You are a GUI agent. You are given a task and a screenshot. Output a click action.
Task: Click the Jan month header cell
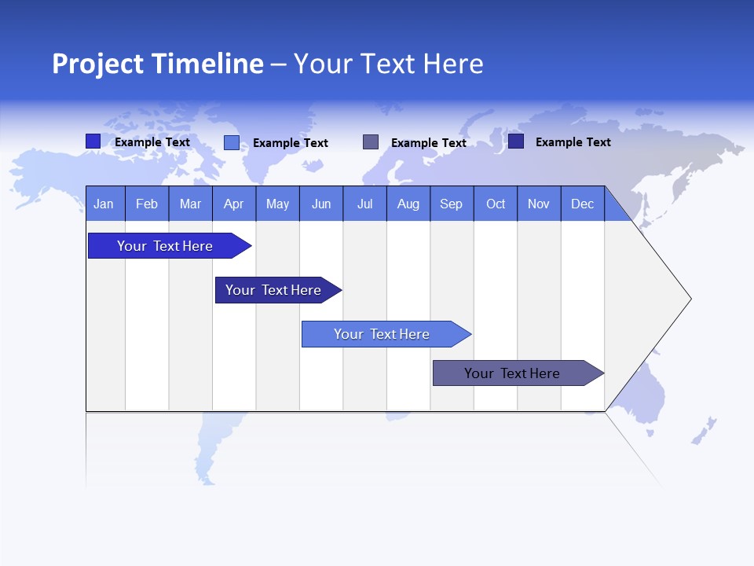(104, 204)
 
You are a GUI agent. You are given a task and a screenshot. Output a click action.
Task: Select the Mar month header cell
(190, 204)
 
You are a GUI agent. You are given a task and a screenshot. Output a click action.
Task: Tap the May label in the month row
(277, 204)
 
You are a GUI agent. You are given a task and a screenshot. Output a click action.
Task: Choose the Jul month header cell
(364, 204)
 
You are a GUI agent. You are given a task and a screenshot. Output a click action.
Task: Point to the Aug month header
(408, 204)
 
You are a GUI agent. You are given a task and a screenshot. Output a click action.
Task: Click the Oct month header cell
(495, 204)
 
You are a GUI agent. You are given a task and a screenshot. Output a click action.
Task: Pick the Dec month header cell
(582, 204)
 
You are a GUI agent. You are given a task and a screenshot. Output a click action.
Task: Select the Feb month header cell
(147, 204)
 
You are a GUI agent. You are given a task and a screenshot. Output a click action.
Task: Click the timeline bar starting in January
(166, 246)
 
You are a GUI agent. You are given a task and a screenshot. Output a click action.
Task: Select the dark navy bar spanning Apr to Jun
(274, 290)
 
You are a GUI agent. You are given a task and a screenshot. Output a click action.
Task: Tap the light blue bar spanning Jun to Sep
(382, 334)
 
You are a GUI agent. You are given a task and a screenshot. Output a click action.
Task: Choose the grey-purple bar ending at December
(513, 373)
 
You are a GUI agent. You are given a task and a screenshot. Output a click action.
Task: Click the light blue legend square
(232, 142)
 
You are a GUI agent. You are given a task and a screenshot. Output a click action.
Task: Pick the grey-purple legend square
(371, 142)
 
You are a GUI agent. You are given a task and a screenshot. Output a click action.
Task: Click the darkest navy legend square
(516, 141)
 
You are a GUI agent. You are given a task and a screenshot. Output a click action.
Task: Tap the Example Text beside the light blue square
(290, 143)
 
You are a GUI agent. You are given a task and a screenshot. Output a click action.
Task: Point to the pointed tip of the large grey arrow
(689, 299)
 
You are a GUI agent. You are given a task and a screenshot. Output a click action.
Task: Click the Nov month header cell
(539, 204)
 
